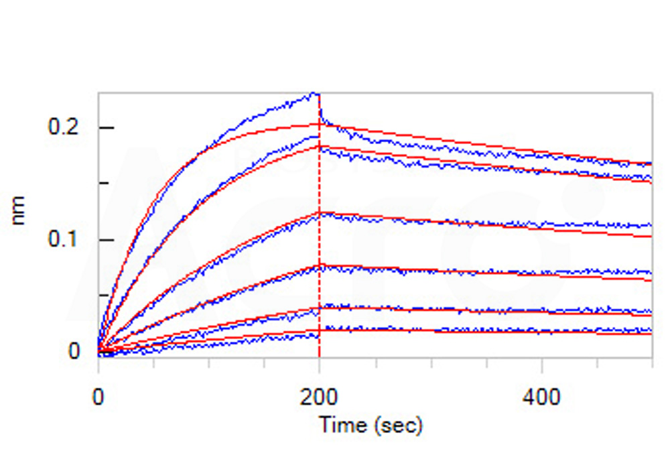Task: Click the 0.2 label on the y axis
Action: point(64,127)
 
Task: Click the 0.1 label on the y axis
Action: point(64,239)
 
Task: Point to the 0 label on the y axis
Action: point(74,351)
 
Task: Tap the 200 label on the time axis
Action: point(319,397)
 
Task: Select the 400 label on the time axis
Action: point(541,397)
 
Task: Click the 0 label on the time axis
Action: point(98,397)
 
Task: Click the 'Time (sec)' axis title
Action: point(370,424)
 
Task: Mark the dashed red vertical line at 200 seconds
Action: point(319,268)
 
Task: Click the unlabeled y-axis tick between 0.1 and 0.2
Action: point(103,183)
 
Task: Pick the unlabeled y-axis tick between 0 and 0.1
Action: point(103,295)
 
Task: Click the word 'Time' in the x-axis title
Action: point(342,424)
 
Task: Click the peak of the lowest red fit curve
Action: point(319,330)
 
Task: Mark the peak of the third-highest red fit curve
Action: point(319,213)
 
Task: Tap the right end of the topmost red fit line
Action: point(651,164)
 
